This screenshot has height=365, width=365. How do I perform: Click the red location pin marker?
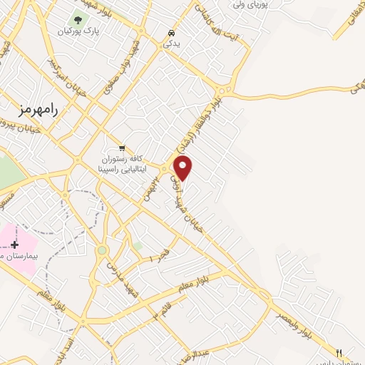click(183, 167)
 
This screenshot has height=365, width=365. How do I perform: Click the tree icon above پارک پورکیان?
click(78, 20)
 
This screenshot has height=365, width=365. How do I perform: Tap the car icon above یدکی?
click(170, 33)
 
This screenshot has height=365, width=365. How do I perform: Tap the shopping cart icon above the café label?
click(122, 147)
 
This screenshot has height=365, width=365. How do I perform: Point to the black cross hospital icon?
click(14, 245)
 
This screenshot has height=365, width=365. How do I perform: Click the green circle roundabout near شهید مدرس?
click(102, 250)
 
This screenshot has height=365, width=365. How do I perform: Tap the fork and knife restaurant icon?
click(339, 352)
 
